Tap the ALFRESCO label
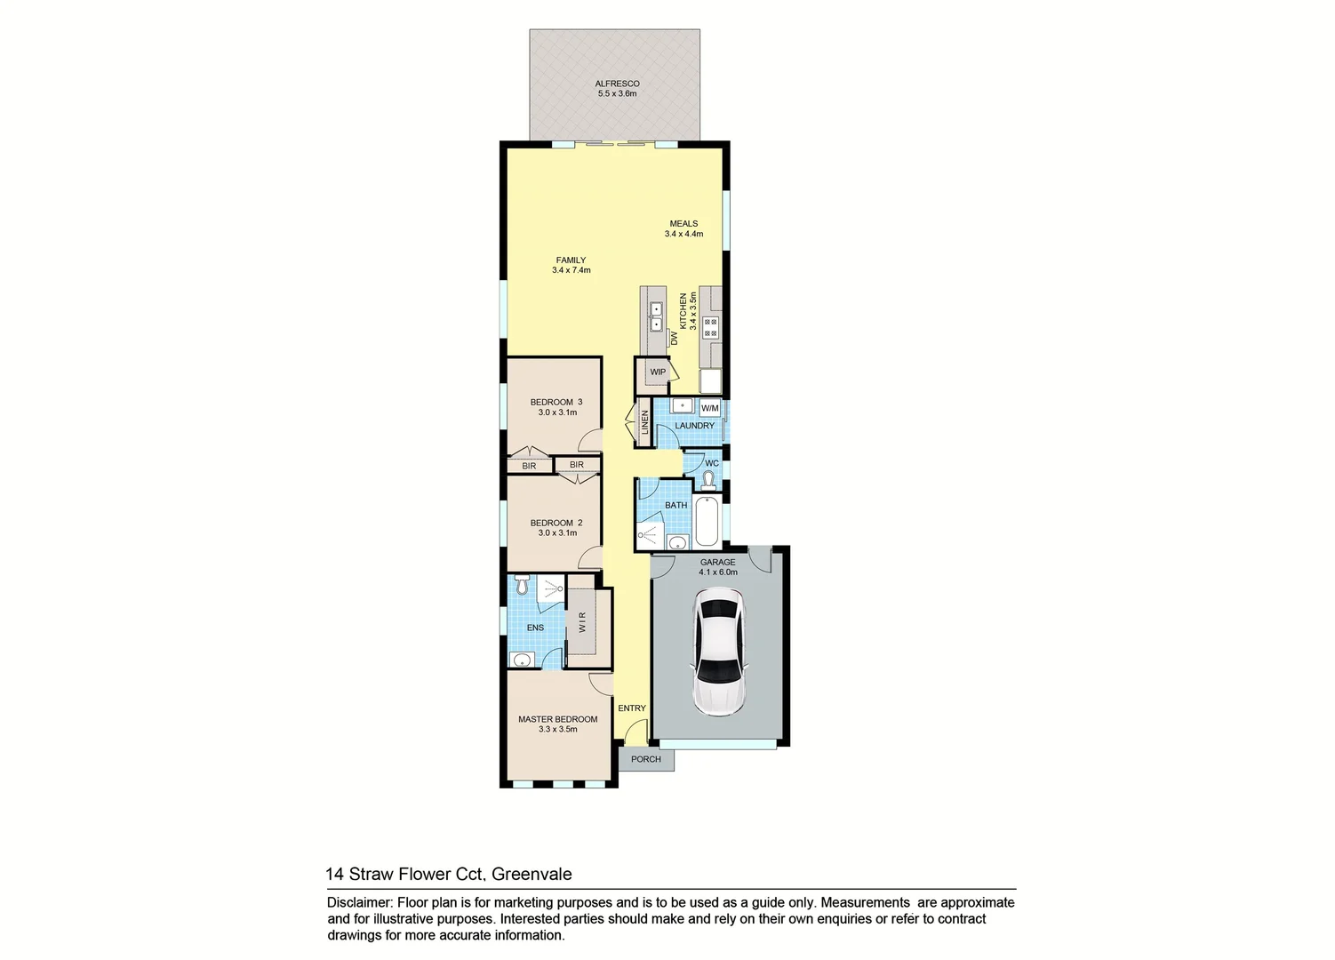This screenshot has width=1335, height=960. tap(617, 84)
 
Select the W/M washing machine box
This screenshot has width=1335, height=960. tap(709, 408)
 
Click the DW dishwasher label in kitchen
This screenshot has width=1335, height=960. tap(675, 340)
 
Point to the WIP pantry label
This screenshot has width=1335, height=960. tap(658, 372)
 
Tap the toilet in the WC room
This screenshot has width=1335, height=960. tap(708, 482)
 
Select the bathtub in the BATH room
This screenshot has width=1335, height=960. tap(707, 522)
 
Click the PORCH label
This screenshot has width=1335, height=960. tap(646, 759)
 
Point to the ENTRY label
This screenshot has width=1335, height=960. tap(632, 708)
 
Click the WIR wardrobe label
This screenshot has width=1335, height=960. tap(583, 621)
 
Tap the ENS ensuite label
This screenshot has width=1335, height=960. tap(535, 628)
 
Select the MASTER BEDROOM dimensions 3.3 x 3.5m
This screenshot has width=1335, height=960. tap(557, 730)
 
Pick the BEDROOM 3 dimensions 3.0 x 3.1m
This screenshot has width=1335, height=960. tap(557, 412)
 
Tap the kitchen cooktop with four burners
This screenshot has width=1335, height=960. tap(711, 326)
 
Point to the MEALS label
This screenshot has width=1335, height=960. tap(683, 224)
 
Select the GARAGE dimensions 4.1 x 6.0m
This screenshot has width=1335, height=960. tap(718, 572)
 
